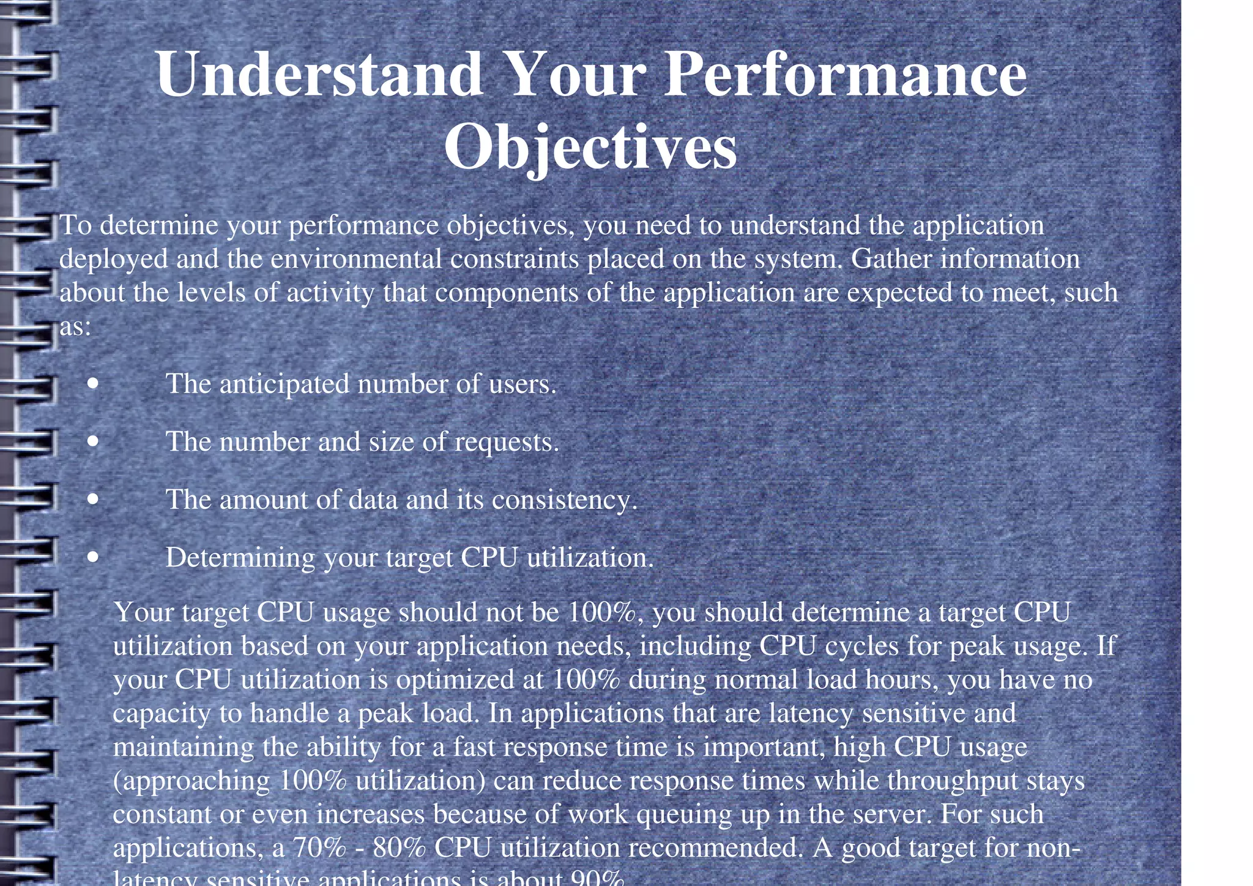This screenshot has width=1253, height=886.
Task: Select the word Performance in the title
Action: coord(845,75)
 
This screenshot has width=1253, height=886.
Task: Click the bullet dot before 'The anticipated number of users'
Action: coord(92,384)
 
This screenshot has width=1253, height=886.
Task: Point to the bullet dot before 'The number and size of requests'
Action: coord(92,441)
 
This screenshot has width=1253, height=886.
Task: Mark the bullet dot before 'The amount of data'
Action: coord(92,499)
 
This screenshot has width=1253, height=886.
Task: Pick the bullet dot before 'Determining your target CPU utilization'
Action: coord(92,557)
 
